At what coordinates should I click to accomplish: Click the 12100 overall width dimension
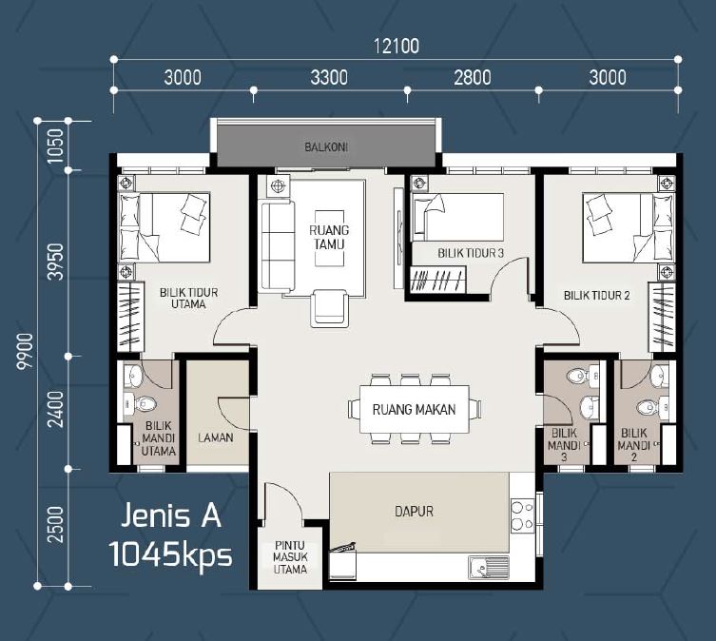[396, 47]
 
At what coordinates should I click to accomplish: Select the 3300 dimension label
[329, 78]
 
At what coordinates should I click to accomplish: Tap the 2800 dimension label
[473, 78]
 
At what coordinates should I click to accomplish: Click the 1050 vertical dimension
[55, 146]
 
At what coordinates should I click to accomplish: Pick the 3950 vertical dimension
[55, 262]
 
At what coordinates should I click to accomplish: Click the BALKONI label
[326, 147]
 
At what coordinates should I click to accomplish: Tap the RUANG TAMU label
[329, 237]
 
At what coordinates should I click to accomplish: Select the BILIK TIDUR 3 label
[471, 253]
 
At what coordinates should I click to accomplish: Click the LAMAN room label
[216, 437]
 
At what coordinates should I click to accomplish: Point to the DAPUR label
[414, 512]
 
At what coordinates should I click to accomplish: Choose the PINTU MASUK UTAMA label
[290, 557]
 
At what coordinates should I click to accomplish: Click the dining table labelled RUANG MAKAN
[415, 409]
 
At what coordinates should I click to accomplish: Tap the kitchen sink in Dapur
[489, 568]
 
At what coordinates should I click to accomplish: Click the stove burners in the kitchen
[522, 515]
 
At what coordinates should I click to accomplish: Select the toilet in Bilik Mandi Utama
[141, 404]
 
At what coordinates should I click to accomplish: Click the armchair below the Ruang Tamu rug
[329, 308]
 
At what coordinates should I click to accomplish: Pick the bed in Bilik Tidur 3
[457, 217]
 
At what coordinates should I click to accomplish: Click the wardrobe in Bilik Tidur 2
[662, 317]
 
